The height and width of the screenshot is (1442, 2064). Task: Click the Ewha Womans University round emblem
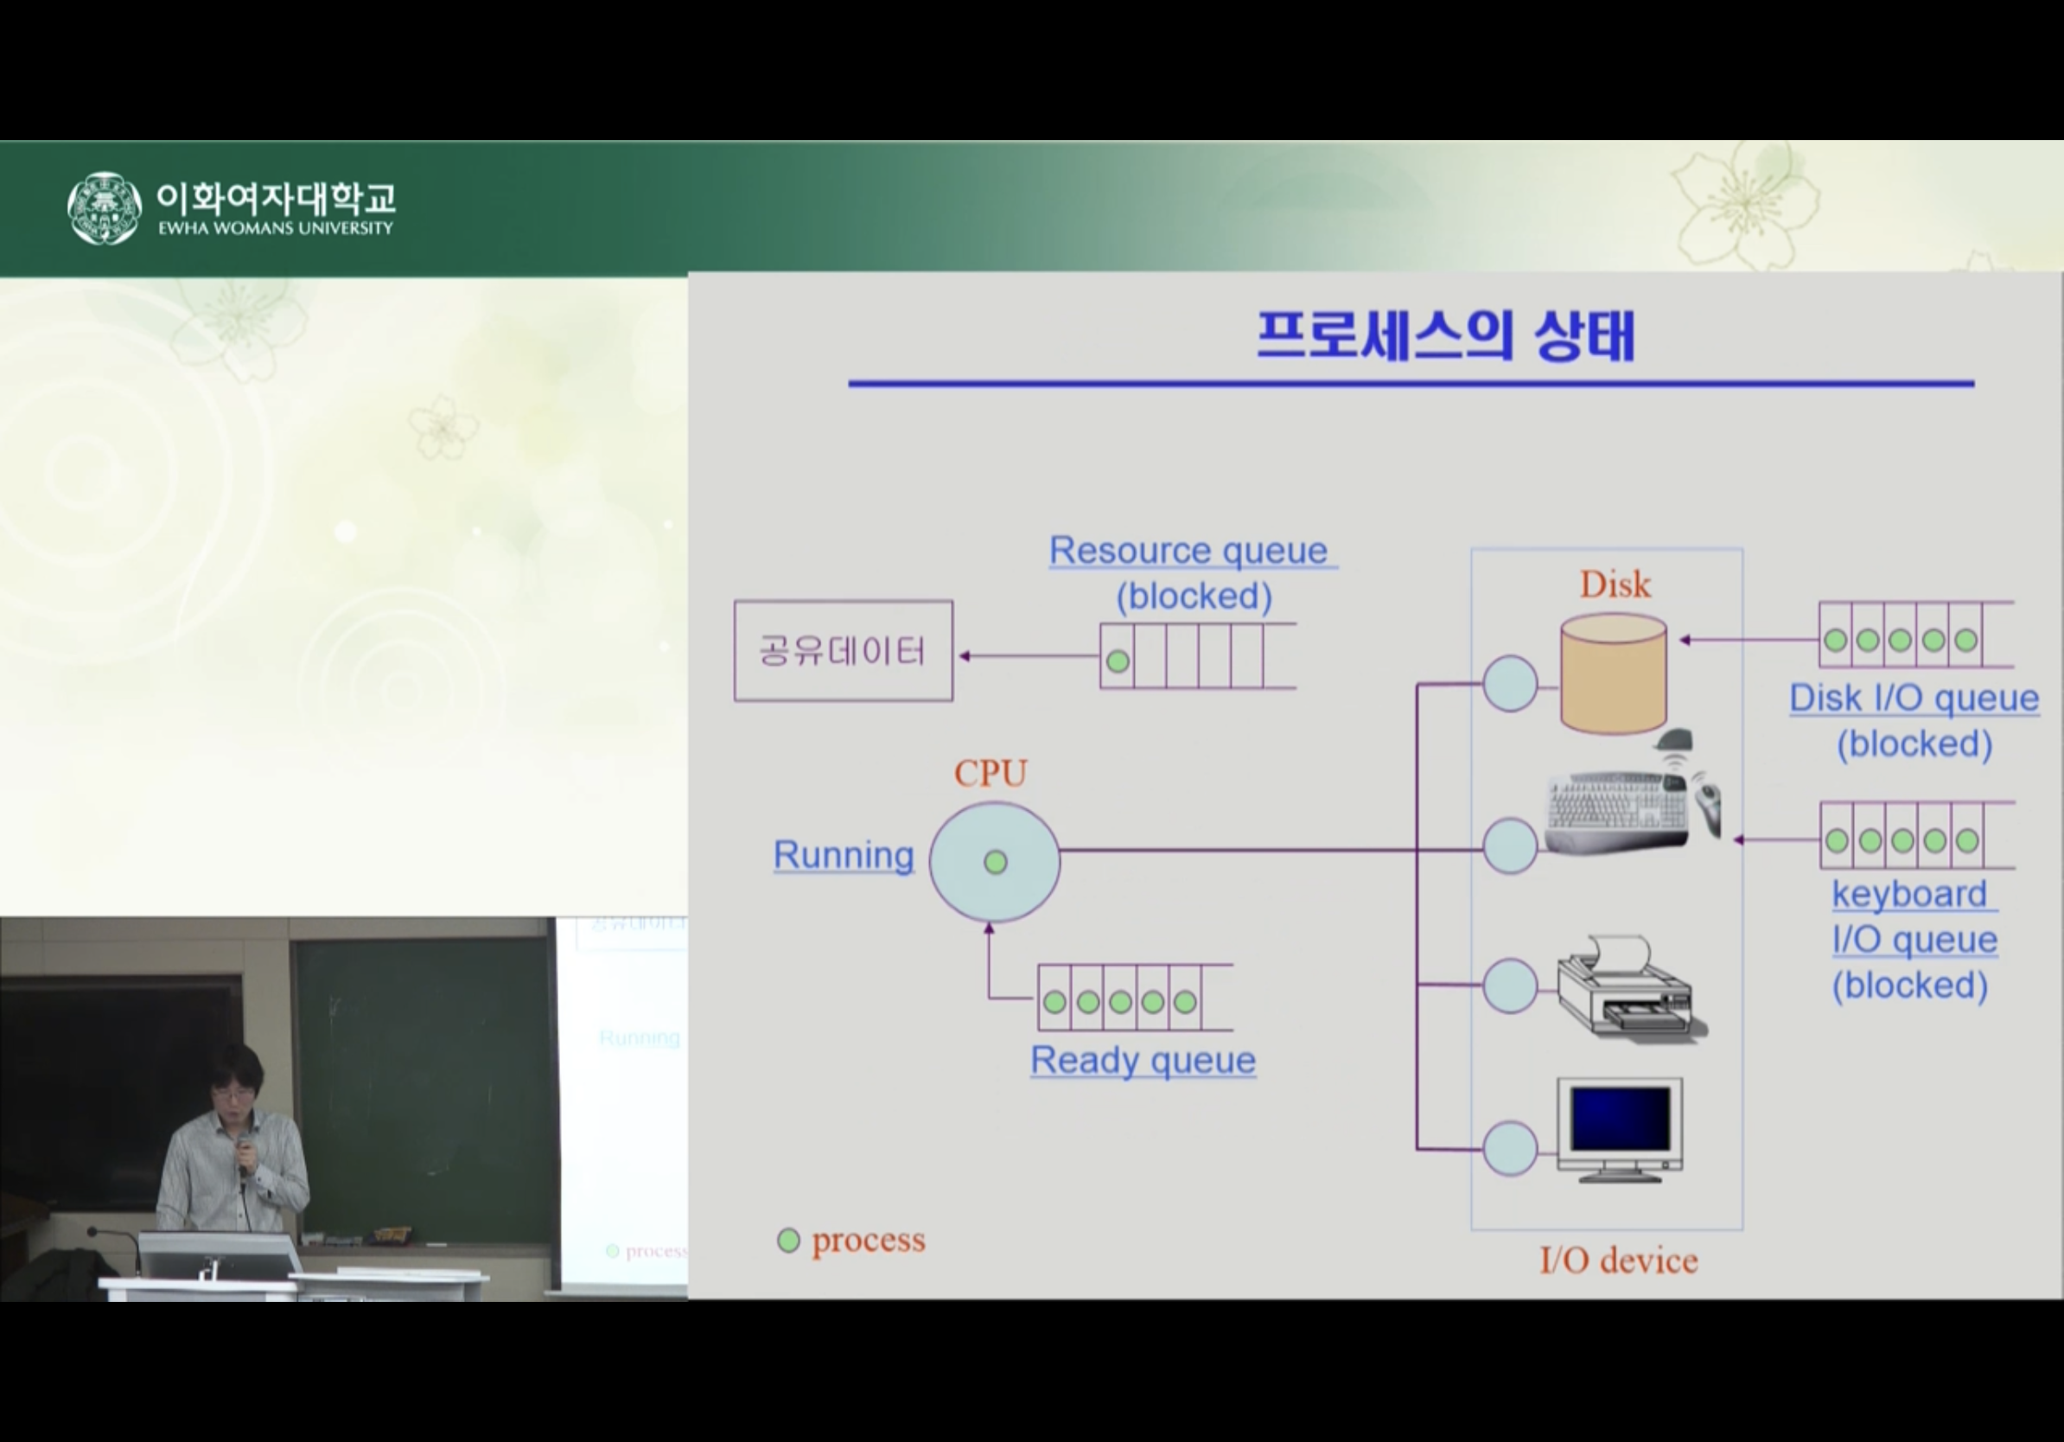[x=105, y=207]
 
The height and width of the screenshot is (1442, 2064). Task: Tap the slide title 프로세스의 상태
[x=1445, y=336]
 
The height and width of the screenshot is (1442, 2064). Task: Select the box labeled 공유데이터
[x=844, y=651]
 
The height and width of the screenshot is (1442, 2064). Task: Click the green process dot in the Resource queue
[x=1118, y=661]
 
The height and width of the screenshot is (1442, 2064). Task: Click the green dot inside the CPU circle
[x=995, y=862]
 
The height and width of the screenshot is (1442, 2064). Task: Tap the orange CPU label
[x=991, y=773]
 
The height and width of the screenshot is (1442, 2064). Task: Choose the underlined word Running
[x=844, y=854]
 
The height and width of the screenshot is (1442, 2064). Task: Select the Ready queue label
[x=1143, y=1060]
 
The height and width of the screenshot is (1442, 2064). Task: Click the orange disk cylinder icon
[x=1614, y=673]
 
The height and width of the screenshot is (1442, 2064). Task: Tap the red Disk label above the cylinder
[x=1615, y=584]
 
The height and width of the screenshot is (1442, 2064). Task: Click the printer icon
[x=1631, y=990]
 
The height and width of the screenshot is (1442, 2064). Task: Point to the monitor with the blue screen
[x=1620, y=1130]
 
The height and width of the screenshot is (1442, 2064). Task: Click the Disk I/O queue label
[x=1914, y=698]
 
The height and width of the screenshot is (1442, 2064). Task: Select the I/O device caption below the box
[x=1619, y=1260]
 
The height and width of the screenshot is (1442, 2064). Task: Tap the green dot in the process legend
[x=788, y=1241]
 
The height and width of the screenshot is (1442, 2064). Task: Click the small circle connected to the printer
[x=1510, y=986]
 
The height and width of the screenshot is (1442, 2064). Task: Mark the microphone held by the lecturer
[x=244, y=1151]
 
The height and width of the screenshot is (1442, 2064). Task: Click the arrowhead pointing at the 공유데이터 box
[x=965, y=656]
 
